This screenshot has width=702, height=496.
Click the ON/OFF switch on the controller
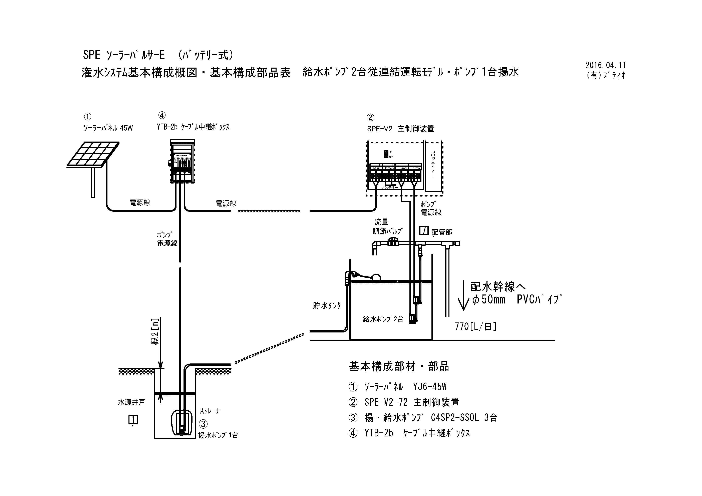point(386,154)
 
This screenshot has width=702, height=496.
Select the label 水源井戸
point(131,402)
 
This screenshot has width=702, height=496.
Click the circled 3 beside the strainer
point(203,424)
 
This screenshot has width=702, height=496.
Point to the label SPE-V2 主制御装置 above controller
point(401,129)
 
